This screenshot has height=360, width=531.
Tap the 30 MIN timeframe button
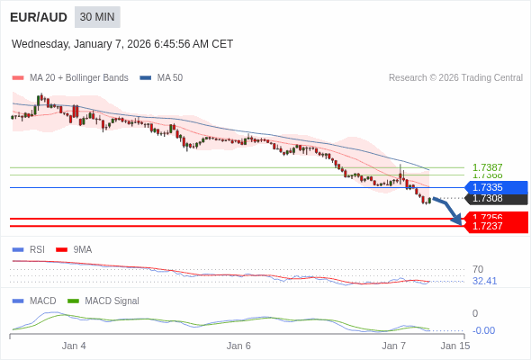coord(97,17)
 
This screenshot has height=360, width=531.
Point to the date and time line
coord(122,43)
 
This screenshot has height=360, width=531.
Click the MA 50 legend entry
coord(163,77)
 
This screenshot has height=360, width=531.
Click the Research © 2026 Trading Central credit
coord(455,77)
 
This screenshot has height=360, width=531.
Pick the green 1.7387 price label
coord(487,167)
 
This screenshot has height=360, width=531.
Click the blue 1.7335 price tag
coord(493,187)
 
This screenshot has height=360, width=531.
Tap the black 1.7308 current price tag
coord(493,198)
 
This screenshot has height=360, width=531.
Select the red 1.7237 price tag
coord(493,226)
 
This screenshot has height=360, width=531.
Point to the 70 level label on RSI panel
coord(478,269)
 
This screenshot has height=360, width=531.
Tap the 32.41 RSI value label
coord(484,281)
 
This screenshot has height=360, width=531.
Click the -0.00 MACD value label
coord(483,330)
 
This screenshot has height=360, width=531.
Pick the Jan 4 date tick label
coord(74,346)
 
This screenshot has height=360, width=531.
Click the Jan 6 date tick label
coord(238,346)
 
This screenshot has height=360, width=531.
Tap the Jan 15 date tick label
coord(454,346)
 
